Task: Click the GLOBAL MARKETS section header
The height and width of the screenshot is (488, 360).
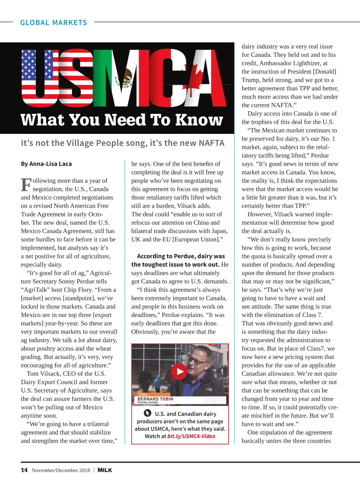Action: click(53, 23)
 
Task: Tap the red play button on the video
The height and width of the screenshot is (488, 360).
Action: click(179, 371)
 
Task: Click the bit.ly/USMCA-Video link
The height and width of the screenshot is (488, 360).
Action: click(191, 436)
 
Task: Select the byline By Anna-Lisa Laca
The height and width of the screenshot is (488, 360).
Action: click(46, 164)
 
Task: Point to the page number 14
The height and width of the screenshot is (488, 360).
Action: click(24, 470)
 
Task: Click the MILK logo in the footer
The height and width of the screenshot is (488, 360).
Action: click(105, 470)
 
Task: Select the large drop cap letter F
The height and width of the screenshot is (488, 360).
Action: click(26, 184)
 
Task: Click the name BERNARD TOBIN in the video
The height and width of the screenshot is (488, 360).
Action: click(155, 399)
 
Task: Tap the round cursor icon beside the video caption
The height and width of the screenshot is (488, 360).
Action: click(147, 413)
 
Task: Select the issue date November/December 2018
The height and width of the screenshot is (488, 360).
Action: click(61, 470)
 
